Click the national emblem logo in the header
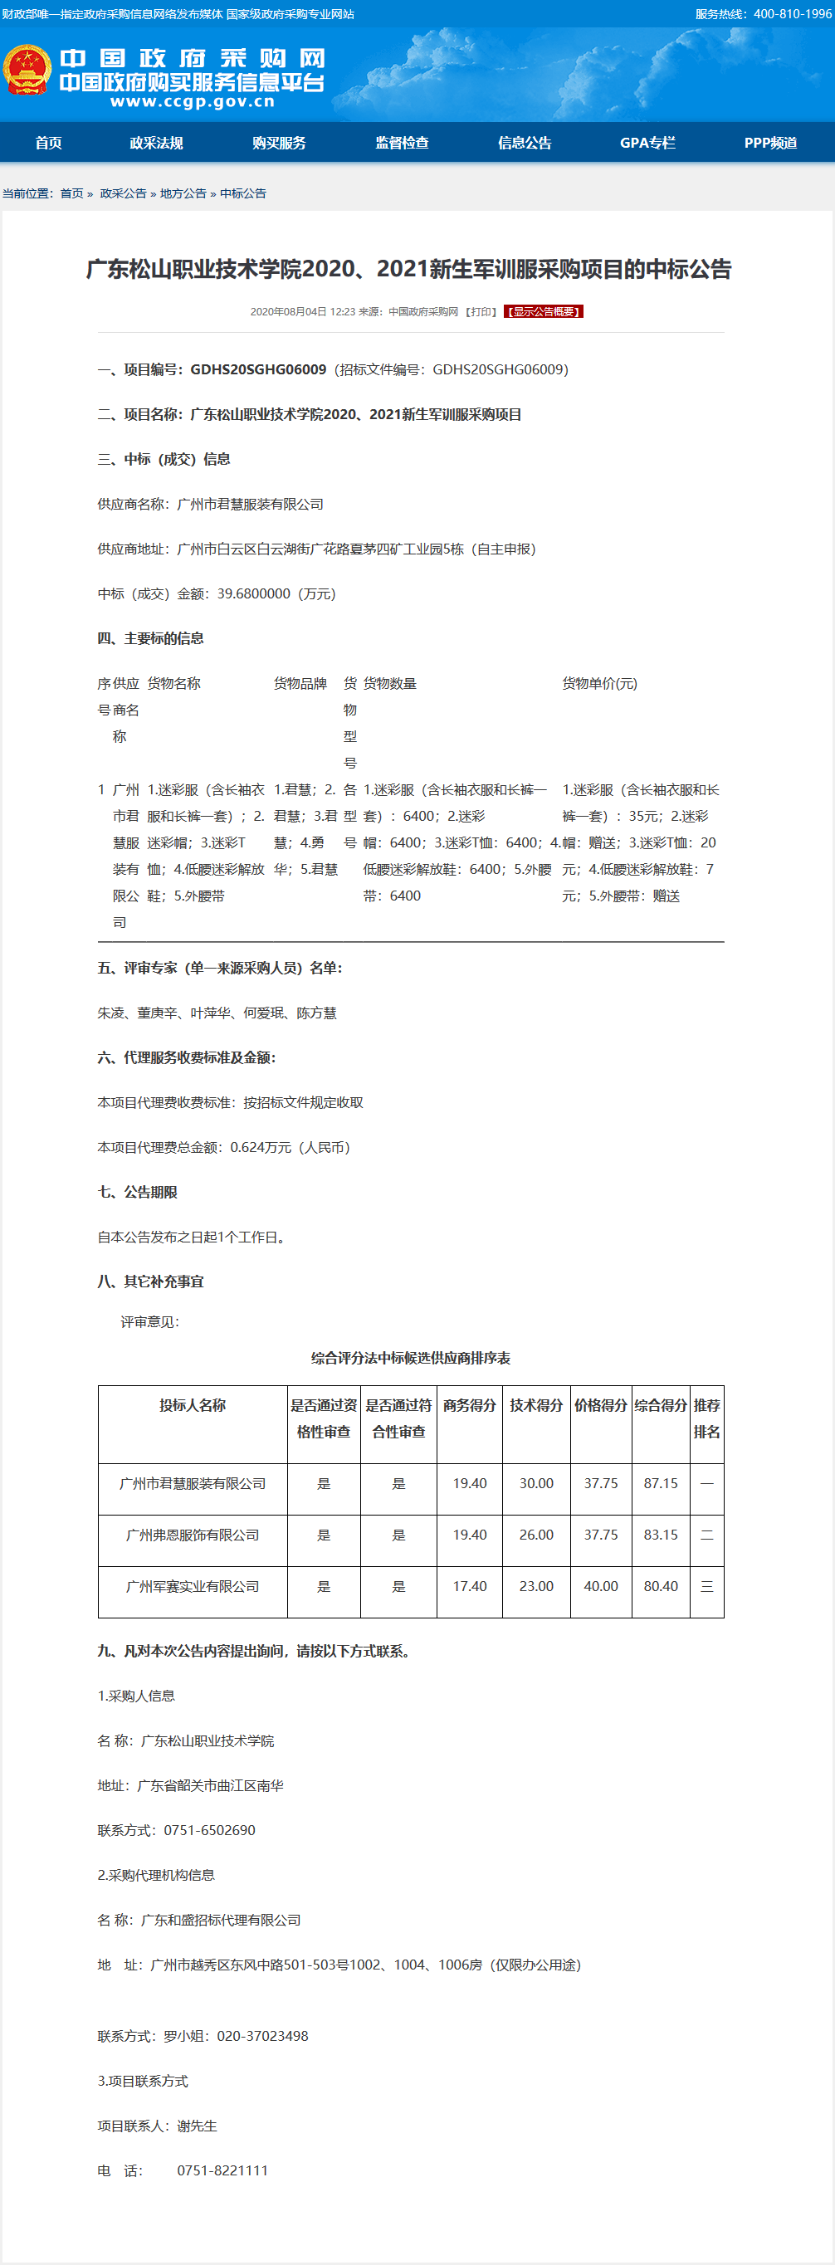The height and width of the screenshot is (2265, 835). click(27, 71)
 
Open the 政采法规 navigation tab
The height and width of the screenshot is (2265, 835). click(156, 143)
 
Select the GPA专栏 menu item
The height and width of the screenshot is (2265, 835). click(647, 143)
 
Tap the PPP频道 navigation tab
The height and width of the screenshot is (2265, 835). click(770, 143)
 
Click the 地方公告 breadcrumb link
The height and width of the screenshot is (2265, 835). click(183, 193)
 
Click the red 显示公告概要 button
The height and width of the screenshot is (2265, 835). click(543, 311)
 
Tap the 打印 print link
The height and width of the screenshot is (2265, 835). click(481, 311)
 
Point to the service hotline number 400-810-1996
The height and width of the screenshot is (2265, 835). click(792, 14)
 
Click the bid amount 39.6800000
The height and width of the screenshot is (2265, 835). click(253, 593)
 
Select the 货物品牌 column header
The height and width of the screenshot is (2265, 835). click(300, 683)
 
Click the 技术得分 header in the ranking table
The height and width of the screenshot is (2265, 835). click(536, 1405)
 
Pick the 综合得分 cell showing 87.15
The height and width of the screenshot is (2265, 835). click(660, 1483)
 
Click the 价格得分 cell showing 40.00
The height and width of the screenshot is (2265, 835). click(600, 1586)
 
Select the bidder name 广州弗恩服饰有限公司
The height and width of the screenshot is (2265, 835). click(193, 1535)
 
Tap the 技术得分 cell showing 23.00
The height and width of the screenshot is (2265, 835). click(536, 1586)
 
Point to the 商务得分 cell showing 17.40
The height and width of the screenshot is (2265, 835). click(469, 1586)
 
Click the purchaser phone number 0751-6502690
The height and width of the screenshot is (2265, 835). click(209, 1830)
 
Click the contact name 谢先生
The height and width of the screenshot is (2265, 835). click(197, 2126)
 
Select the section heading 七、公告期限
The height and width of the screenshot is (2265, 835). click(137, 1191)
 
